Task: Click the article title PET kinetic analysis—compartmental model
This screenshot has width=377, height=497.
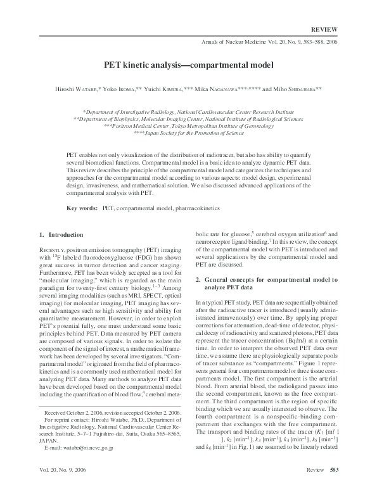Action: pyautogui.click(x=188, y=65)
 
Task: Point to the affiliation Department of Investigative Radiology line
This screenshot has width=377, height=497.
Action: pyautogui.click(x=188, y=111)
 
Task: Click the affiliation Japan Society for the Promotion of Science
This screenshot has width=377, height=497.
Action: pyautogui.click(x=188, y=134)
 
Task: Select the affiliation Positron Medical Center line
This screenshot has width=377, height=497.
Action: pyautogui.click(x=188, y=126)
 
